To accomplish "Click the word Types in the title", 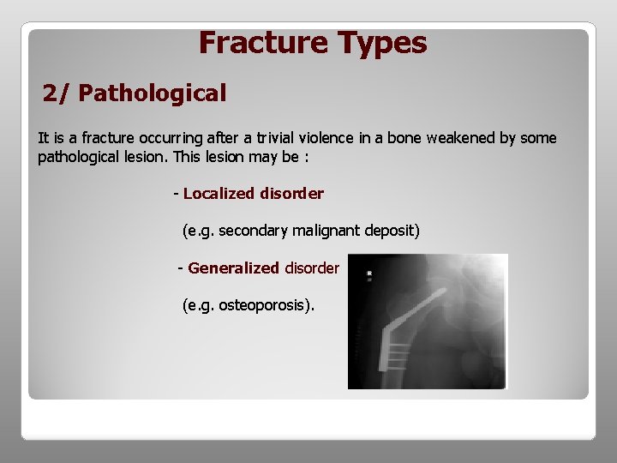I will [382, 43].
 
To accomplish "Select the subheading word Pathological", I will [153, 93].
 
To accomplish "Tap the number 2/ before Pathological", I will [57, 93].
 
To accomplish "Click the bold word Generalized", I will [233, 268].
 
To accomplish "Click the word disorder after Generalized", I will [312, 268].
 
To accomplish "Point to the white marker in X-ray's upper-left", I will [369, 274].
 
